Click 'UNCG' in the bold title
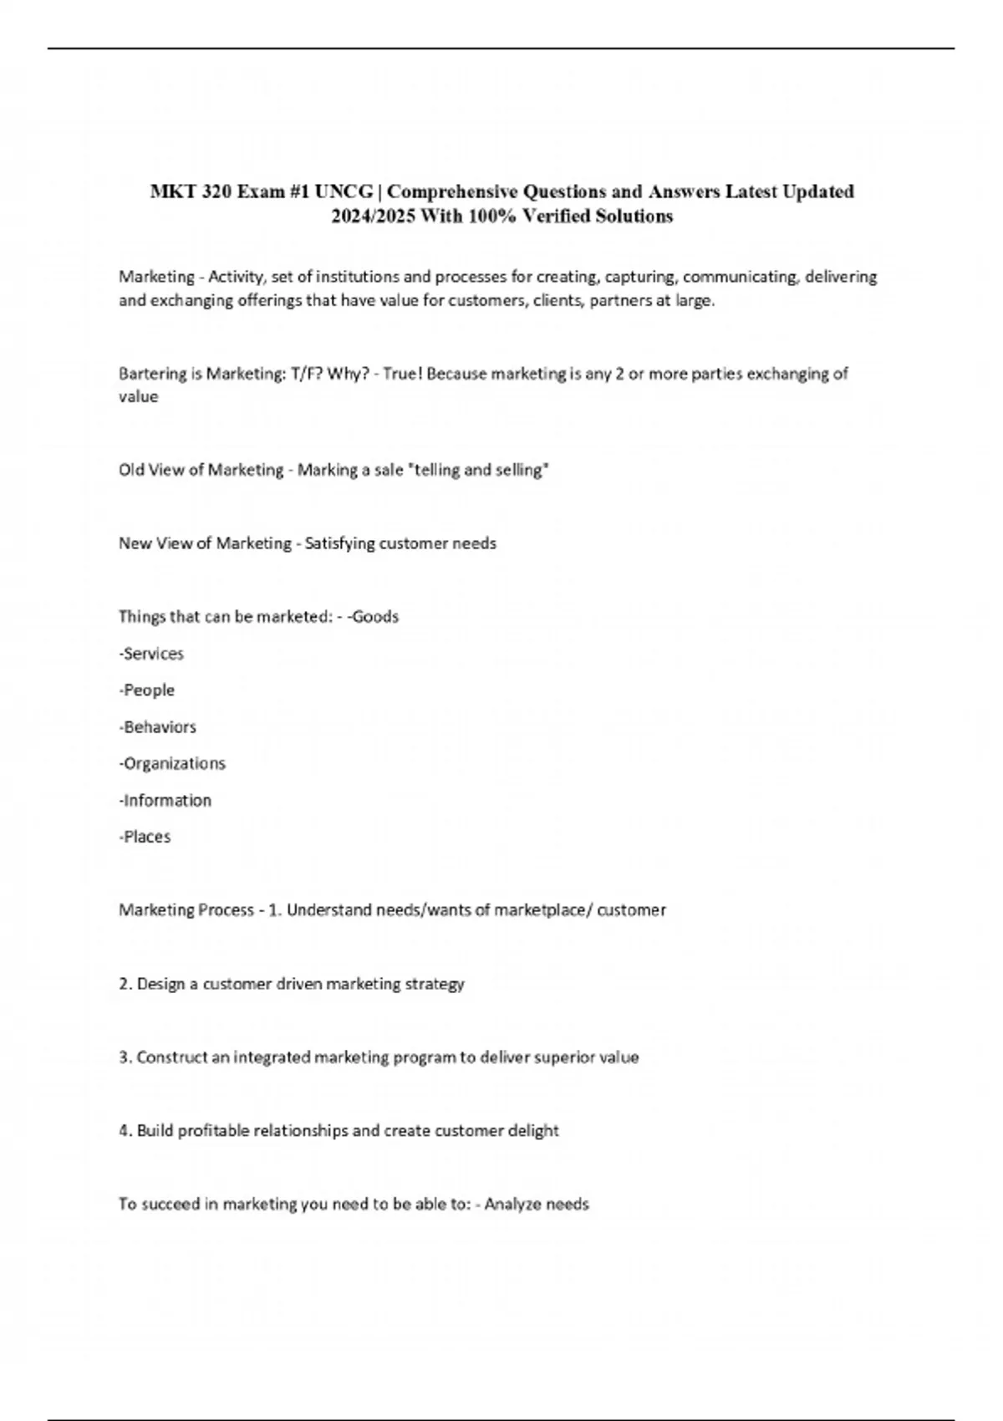click(x=344, y=191)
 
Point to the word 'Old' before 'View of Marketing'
click(x=131, y=470)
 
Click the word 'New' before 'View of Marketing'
click(x=135, y=543)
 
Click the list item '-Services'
click(x=151, y=654)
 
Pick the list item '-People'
click(x=147, y=690)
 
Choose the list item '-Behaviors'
click(x=157, y=727)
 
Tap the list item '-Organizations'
click(x=172, y=763)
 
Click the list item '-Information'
click(x=165, y=800)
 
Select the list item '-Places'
click(x=145, y=837)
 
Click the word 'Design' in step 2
click(x=160, y=984)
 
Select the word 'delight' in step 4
click(x=533, y=1131)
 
